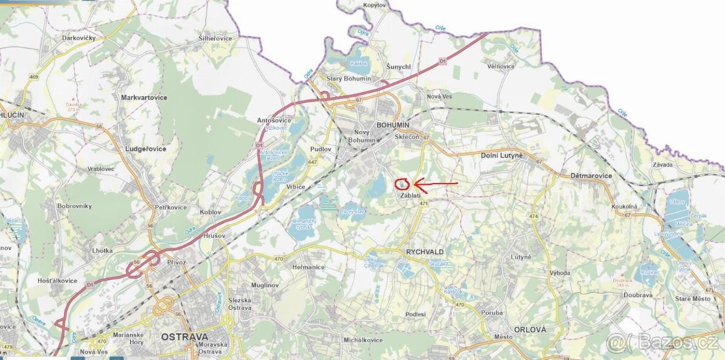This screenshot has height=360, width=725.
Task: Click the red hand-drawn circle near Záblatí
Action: tap(402, 184)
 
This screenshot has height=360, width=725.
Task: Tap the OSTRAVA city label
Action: tap(184, 336)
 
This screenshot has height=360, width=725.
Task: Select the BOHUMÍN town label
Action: tap(393, 125)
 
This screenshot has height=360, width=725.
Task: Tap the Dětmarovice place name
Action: tap(591, 176)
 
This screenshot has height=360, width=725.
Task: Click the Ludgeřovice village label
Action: tap(144, 148)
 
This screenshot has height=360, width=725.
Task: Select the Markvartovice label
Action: tap(144, 97)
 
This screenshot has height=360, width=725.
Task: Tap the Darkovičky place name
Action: tap(80, 37)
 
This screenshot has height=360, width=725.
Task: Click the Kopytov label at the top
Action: tap(374, 5)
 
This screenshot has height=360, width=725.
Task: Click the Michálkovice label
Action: tap(362, 340)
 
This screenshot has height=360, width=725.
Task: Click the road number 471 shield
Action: tap(424, 204)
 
